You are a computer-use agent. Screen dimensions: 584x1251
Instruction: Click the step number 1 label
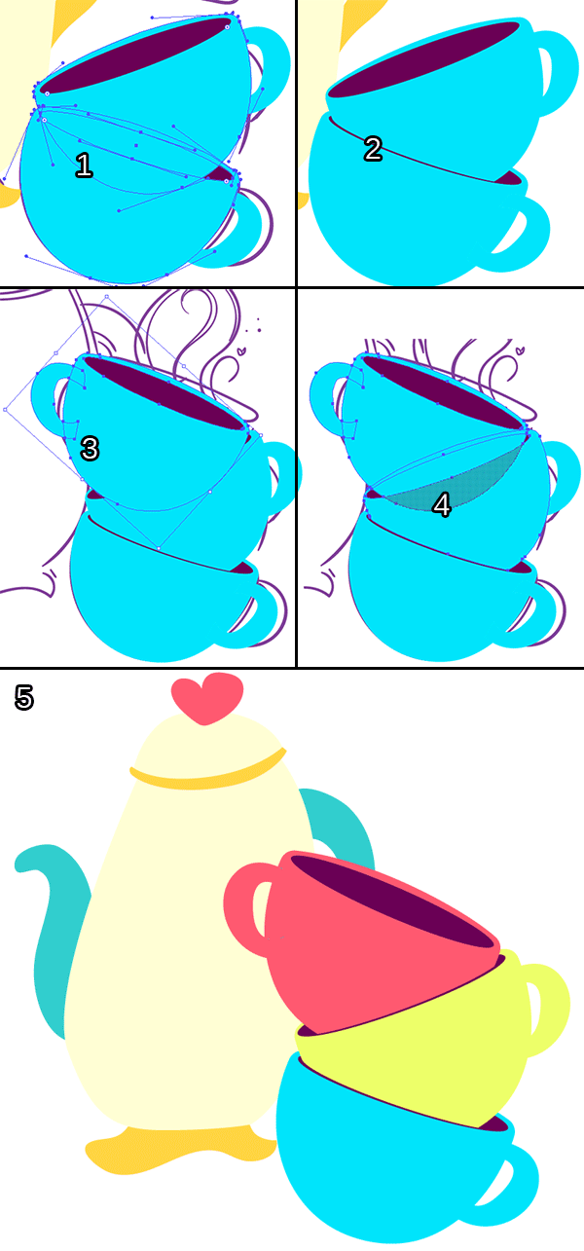pyautogui.click(x=84, y=166)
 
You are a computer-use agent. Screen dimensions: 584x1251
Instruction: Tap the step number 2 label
pyautogui.click(x=373, y=149)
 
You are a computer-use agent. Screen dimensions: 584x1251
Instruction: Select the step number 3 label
pyautogui.click(x=90, y=449)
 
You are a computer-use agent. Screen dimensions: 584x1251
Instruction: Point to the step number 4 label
pyautogui.click(x=442, y=505)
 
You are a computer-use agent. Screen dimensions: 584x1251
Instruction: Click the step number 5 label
pyautogui.click(x=24, y=698)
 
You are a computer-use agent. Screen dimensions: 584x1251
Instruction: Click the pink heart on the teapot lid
pyautogui.click(x=207, y=698)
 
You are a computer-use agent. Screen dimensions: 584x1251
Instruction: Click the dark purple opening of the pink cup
pyautogui.click(x=393, y=900)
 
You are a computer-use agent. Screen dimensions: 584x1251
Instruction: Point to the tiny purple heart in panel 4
pyautogui.click(x=520, y=350)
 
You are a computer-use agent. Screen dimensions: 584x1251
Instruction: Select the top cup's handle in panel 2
pyautogui.click(x=561, y=70)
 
